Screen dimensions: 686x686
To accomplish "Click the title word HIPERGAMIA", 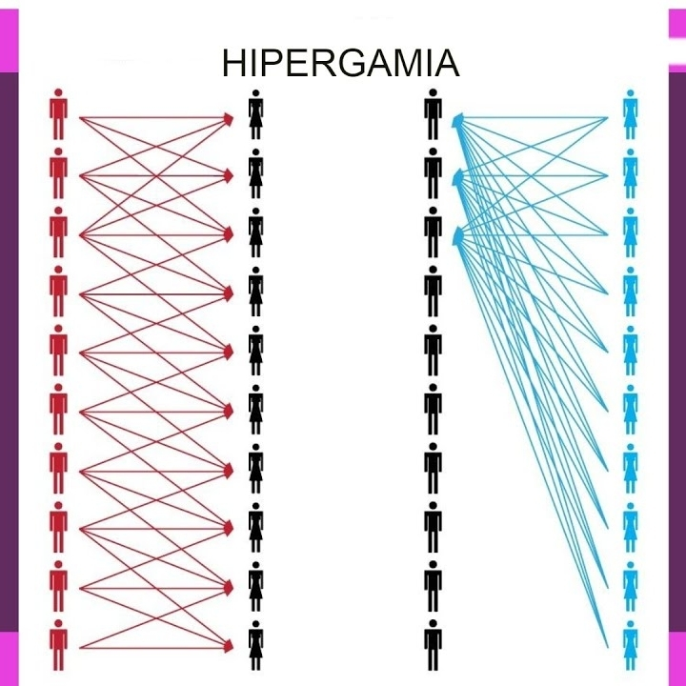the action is click(x=341, y=63).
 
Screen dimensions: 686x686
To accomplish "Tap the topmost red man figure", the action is click(x=59, y=114).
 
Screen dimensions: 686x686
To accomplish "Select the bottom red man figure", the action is click(x=59, y=645).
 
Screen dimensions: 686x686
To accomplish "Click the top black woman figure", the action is click(x=256, y=114).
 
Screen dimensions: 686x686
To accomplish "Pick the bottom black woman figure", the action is click(x=256, y=645).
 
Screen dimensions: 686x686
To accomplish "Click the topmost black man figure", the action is click(x=433, y=114).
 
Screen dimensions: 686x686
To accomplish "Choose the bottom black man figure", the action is click(x=433, y=645).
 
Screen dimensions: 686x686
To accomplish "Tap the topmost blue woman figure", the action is click(x=630, y=114).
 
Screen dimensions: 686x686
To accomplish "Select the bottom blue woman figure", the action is click(x=630, y=645).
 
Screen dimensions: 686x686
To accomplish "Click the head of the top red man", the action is click(x=59, y=92).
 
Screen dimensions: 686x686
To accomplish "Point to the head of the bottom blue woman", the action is click(x=630, y=624).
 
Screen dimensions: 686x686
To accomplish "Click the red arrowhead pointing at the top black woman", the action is click(x=229, y=118).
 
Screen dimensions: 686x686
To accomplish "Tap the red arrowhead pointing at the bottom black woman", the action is click(x=229, y=646).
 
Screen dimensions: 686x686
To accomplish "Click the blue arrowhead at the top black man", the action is click(x=457, y=119).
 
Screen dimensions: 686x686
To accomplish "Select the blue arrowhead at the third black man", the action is click(x=457, y=236).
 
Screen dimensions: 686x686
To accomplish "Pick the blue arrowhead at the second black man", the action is click(x=457, y=177).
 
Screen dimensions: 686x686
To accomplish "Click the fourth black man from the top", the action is click(x=433, y=291).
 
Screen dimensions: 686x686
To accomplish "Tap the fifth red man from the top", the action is click(x=59, y=350).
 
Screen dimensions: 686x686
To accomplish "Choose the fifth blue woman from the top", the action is click(x=630, y=351).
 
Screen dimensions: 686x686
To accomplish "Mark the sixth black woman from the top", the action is click(x=256, y=410).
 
